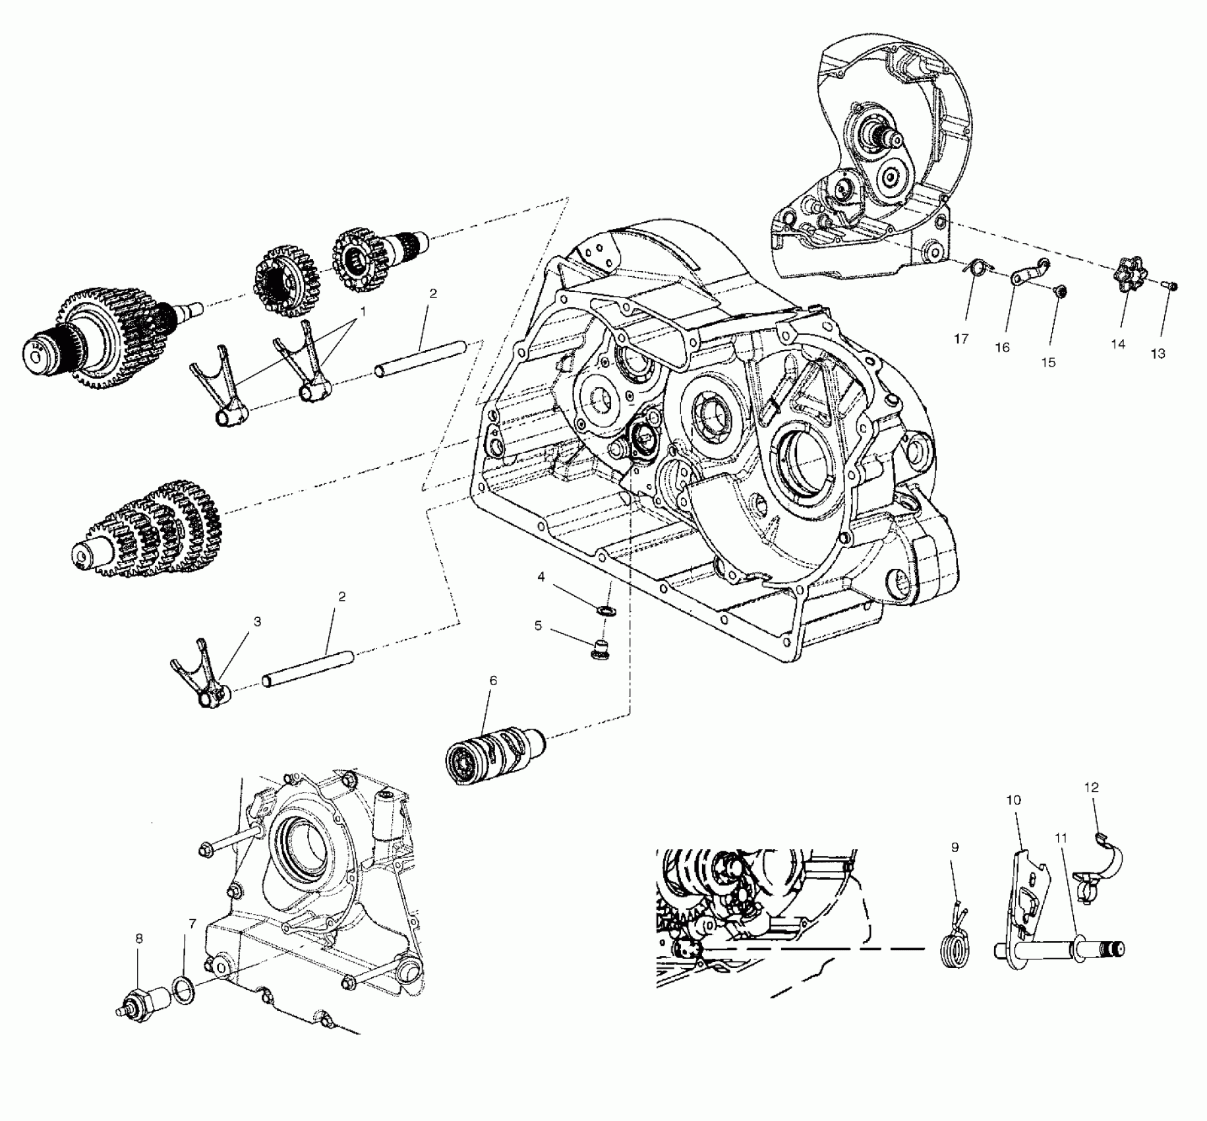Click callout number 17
click(960, 339)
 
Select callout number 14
click(1118, 344)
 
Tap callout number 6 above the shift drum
click(492, 680)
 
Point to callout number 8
click(139, 938)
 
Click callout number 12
click(1091, 787)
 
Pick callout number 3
click(257, 621)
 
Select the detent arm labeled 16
click(1028, 272)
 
